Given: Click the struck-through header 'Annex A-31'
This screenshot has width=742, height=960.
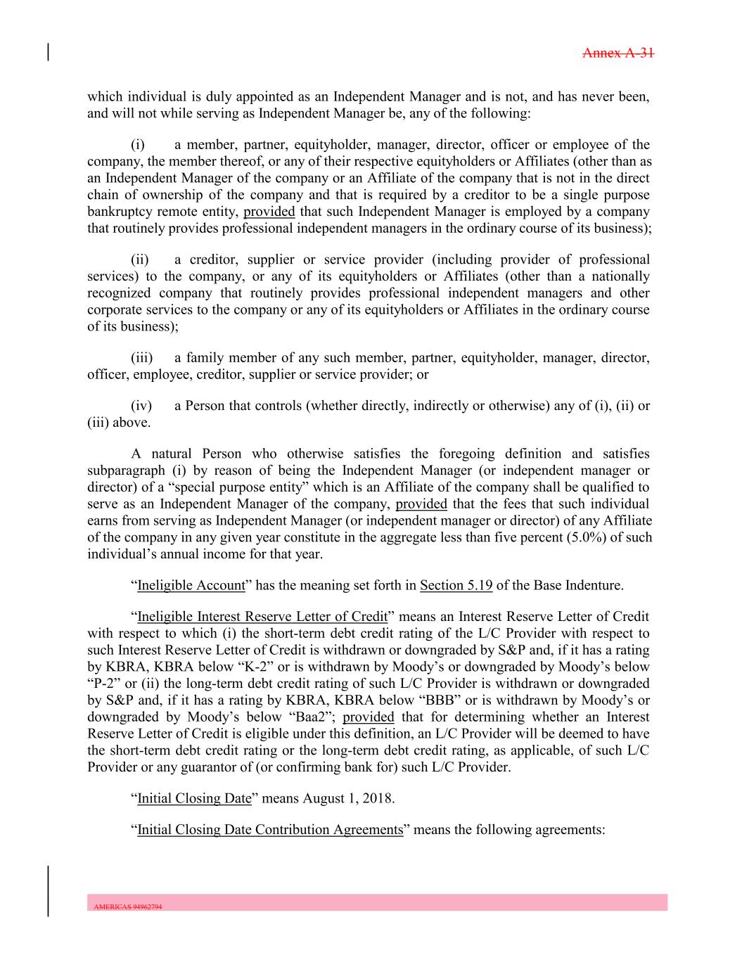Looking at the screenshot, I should (619, 53).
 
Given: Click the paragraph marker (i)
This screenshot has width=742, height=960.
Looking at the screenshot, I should (138, 146).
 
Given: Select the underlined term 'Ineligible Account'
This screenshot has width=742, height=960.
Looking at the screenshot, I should (191, 585).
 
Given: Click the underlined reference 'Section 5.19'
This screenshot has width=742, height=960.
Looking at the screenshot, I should (456, 585).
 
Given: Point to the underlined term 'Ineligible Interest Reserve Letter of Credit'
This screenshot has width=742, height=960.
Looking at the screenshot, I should (262, 617).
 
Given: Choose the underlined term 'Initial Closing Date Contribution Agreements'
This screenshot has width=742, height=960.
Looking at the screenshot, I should (270, 829).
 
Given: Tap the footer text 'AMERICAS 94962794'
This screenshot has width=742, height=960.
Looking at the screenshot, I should (128, 907).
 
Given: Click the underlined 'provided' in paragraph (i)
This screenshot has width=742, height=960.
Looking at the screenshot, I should (269, 212).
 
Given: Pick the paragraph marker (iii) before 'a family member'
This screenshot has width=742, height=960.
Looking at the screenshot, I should (142, 358).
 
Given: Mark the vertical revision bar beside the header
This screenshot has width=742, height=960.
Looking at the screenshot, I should (49, 53).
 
